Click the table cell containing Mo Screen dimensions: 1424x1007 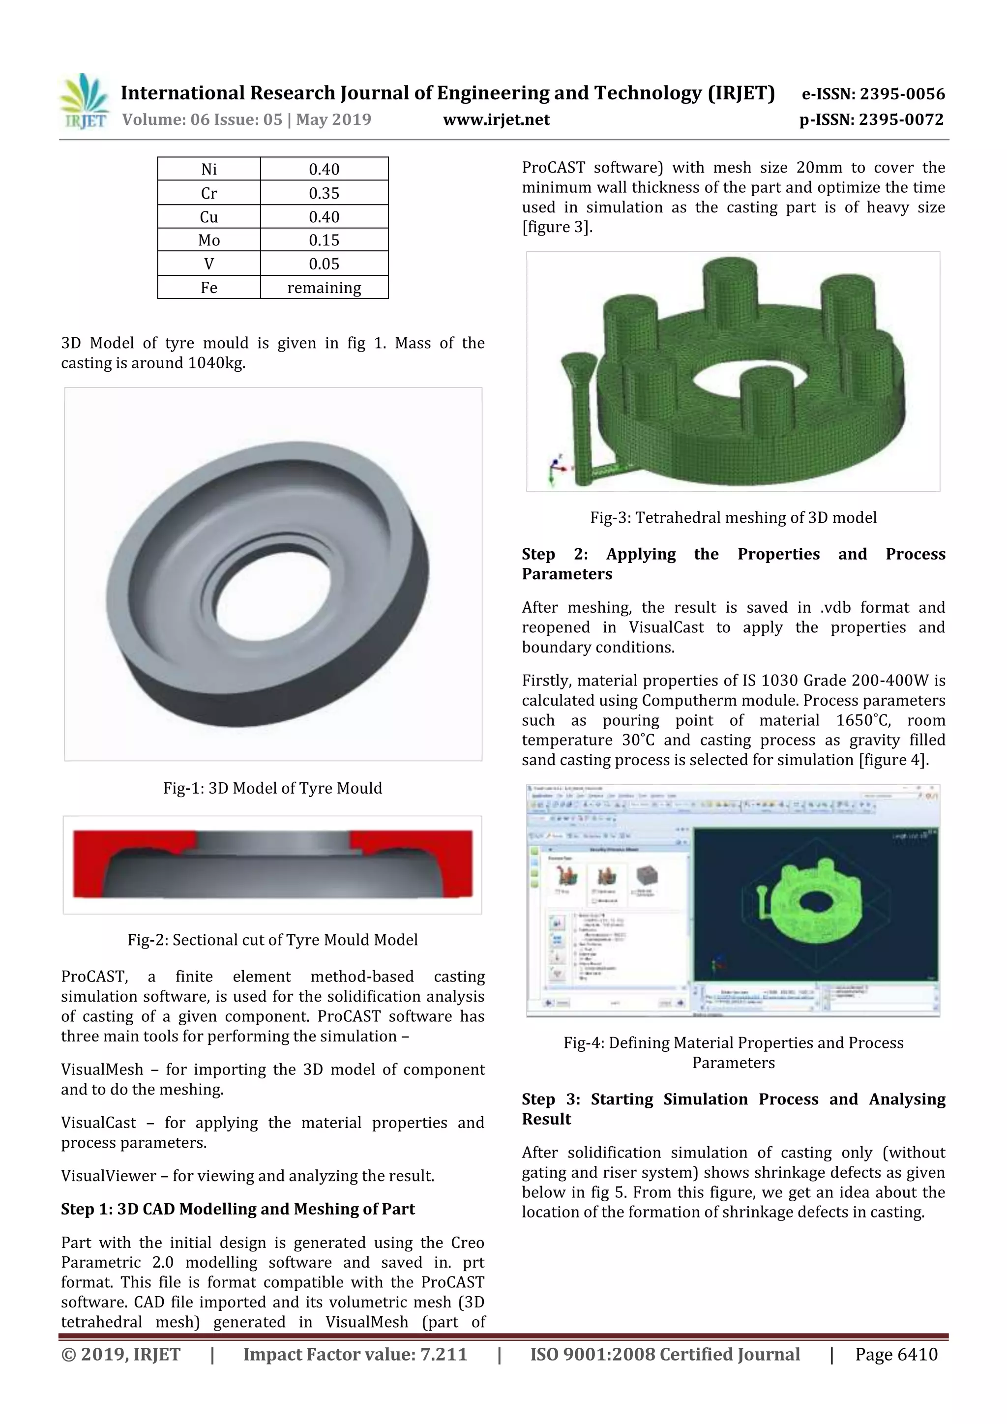coord(209,240)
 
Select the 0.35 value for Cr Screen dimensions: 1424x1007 coord(324,193)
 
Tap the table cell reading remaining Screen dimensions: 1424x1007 coord(324,288)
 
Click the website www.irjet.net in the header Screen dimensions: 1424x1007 coord(496,119)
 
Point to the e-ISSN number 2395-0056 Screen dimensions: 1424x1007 coord(902,94)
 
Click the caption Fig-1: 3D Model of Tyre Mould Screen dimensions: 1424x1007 coord(272,788)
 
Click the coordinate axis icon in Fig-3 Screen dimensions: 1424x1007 coord(555,470)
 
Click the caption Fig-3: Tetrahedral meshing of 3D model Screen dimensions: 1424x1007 coord(733,517)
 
